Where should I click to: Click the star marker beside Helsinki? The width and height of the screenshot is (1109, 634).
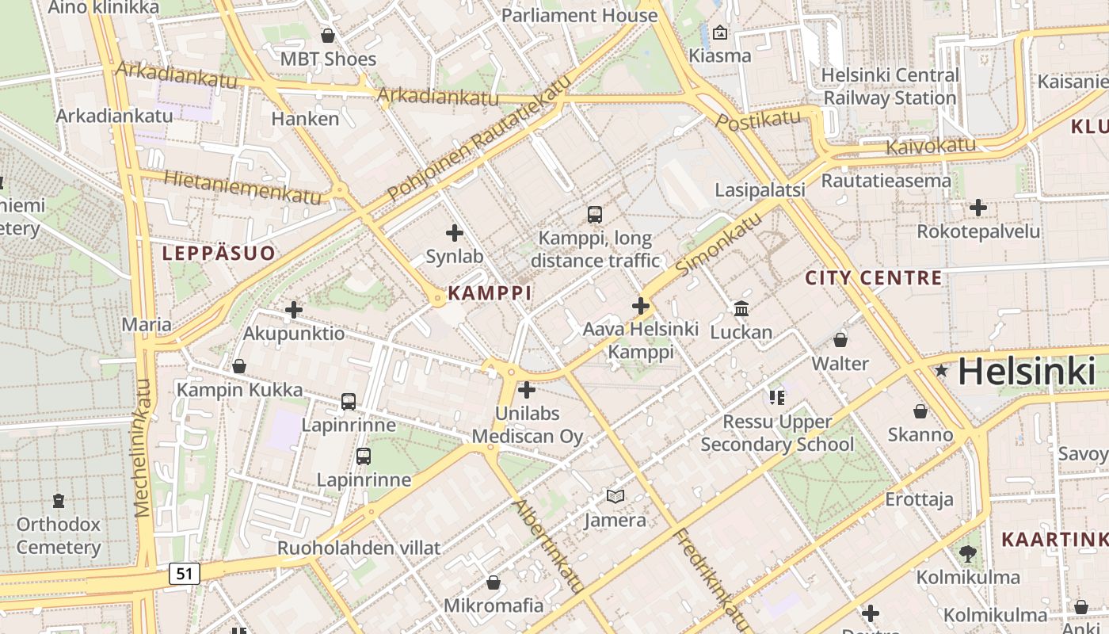coord(942,370)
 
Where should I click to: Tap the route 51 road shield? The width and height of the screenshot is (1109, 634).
coord(184,573)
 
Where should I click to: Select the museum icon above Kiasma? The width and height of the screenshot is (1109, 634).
coord(719,32)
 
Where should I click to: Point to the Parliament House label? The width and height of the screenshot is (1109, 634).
coord(580,15)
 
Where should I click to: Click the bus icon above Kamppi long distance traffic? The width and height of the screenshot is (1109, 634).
coord(595,214)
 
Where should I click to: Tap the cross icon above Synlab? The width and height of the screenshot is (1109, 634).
coord(455,233)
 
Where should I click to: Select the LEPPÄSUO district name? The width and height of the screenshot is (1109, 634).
coord(219,254)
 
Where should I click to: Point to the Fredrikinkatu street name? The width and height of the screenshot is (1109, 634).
coord(711,579)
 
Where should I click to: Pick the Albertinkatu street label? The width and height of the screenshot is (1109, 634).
coord(550,546)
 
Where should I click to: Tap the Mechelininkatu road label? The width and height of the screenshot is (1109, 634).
coord(143,448)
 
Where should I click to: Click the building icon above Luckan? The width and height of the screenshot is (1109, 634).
coord(741,308)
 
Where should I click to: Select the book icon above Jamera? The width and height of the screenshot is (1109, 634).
coord(615,497)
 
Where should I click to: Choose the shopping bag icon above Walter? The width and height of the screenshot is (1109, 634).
coord(840,340)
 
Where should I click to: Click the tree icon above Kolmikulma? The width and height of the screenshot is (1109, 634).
coord(967,553)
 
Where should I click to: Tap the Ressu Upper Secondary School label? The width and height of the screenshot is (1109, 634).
coord(777,433)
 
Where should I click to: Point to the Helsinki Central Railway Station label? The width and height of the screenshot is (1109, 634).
coord(890,86)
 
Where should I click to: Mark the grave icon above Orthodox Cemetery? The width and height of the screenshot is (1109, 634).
coord(59,501)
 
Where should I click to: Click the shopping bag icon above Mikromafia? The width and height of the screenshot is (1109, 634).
coord(494,582)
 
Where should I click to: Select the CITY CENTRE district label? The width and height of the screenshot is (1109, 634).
coord(874,278)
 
